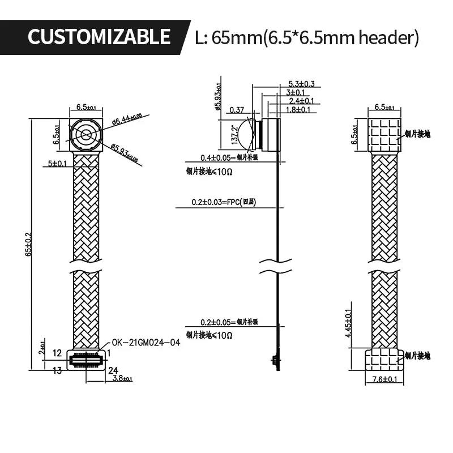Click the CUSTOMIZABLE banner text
point(99,37)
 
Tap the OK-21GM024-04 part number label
point(146,342)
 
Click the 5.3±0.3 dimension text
point(301,84)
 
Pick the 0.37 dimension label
point(237,110)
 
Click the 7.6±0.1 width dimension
point(384,379)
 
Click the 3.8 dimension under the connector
point(122,378)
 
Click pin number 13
point(57,371)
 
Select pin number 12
point(57,353)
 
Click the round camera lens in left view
point(86,135)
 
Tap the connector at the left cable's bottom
point(86,360)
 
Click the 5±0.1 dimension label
point(57,164)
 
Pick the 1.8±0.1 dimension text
point(299,109)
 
